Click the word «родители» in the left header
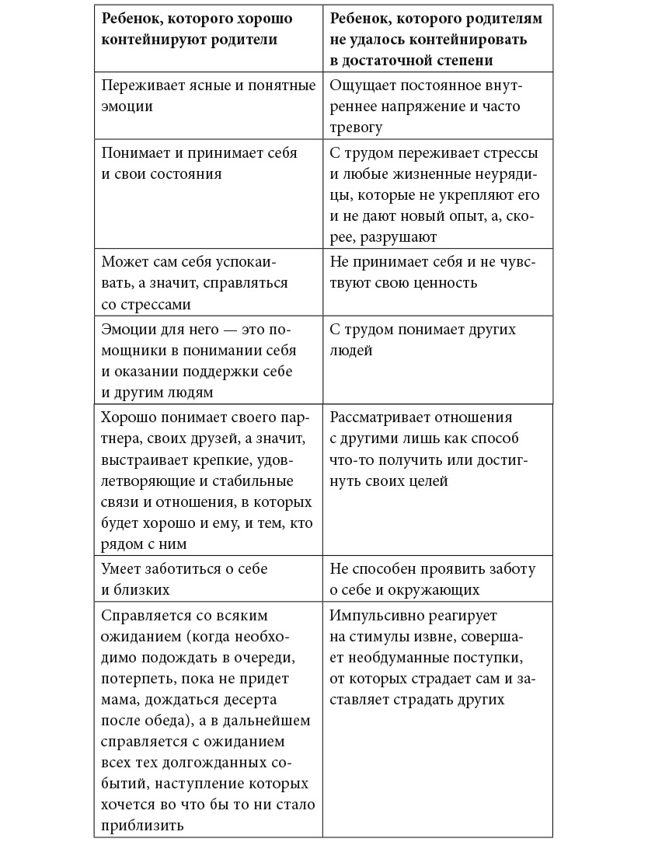[x=239, y=39]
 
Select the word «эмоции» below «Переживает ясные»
[x=127, y=106]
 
